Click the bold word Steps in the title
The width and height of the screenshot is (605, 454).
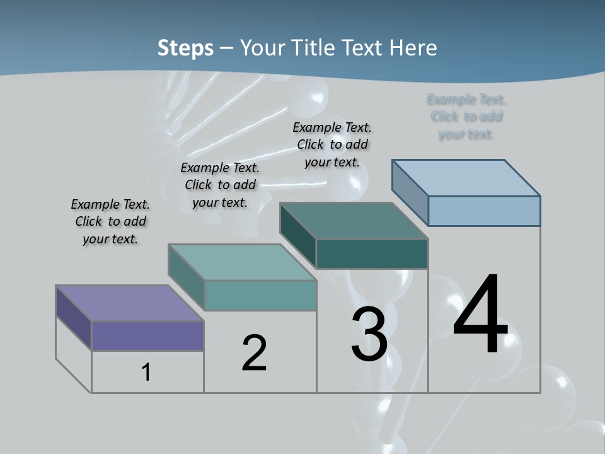185,49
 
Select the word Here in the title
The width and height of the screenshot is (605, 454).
413,49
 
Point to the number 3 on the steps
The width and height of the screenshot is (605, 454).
369,334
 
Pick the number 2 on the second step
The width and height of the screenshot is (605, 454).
254,353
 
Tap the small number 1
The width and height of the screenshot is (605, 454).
146,373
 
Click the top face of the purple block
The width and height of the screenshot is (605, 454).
129,303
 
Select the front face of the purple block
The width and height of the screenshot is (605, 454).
147,335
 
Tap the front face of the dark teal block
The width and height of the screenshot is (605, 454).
372,254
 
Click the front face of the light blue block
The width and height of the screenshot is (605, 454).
484,211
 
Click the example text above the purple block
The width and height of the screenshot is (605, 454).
110,221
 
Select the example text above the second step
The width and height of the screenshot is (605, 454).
220,185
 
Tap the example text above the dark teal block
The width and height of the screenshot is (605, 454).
332,144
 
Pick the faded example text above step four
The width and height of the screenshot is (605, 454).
466,117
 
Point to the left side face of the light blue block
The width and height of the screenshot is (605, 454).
410,192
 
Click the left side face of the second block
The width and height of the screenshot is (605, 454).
186,276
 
